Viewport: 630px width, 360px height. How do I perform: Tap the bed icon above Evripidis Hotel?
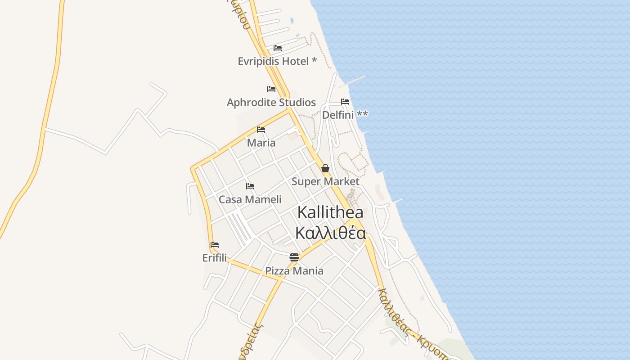pyautogui.click(x=278, y=48)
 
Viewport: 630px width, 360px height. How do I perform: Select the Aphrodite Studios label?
pyautogui.click(x=271, y=103)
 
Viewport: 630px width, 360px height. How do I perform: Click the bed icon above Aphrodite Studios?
pyautogui.click(x=271, y=89)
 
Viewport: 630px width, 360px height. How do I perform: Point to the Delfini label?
pyautogui.click(x=338, y=115)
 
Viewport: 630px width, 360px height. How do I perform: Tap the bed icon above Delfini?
pyautogui.click(x=345, y=102)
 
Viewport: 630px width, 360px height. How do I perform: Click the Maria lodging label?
pyautogui.click(x=261, y=143)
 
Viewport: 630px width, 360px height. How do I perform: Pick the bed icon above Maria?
pyautogui.click(x=261, y=130)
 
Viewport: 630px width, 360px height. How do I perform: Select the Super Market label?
pyautogui.click(x=325, y=181)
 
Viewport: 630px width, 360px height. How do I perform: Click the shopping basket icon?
pyautogui.click(x=325, y=168)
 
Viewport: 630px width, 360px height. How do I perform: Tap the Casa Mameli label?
pyautogui.click(x=250, y=199)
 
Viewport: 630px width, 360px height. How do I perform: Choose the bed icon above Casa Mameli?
pyautogui.click(x=250, y=186)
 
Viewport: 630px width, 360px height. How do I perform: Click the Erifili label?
pyautogui.click(x=215, y=258)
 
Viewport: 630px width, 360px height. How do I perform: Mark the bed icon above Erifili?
pyautogui.click(x=215, y=245)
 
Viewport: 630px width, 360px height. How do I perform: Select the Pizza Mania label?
pyautogui.click(x=294, y=271)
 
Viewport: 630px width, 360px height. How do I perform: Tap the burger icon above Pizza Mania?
pyautogui.click(x=294, y=257)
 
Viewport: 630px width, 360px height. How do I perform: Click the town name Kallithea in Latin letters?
pyautogui.click(x=330, y=212)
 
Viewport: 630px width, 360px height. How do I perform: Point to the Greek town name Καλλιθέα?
pyautogui.click(x=330, y=233)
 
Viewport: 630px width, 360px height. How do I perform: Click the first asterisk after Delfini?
pyautogui.click(x=359, y=113)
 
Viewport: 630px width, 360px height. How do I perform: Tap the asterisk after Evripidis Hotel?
pyautogui.click(x=314, y=60)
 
